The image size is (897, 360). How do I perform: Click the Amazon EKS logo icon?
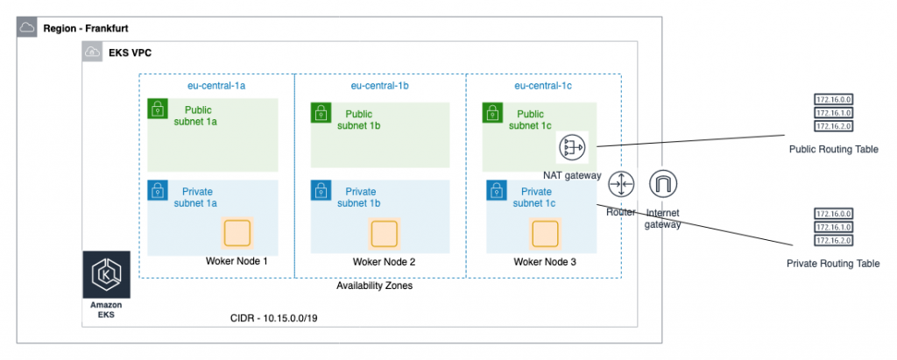(x=106, y=275)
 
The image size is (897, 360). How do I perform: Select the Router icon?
(x=621, y=184)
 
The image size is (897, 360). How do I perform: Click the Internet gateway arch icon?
(x=663, y=184)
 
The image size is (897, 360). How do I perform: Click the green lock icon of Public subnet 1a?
(x=157, y=108)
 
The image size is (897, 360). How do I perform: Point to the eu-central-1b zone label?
(x=380, y=86)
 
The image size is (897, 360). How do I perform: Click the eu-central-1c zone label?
(x=543, y=86)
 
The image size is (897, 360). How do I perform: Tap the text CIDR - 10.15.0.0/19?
(x=273, y=318)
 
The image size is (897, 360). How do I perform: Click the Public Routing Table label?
(x=833, y=150)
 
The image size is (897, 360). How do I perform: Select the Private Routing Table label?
(x=833, y=264)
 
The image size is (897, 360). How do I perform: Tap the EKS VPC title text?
(x=130, y=53)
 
